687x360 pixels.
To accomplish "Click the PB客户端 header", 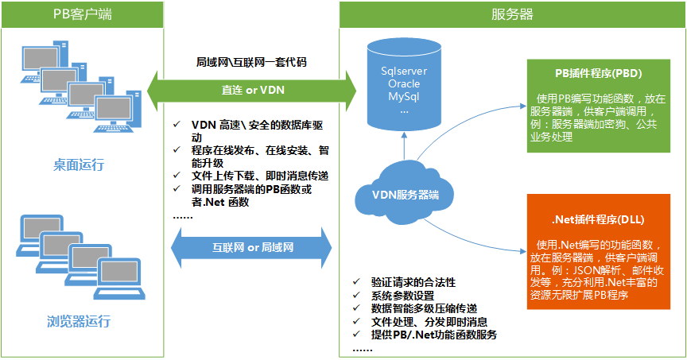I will click(83, 14).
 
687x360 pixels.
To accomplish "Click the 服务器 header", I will click(512, 14).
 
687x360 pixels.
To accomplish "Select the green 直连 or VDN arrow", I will click(253, 90).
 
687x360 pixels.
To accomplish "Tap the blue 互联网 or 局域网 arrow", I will click(254, 247).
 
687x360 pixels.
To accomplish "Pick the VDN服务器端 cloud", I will click(406, 194).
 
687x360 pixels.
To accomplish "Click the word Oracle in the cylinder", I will click(404, 83).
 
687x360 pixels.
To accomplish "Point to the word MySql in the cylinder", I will click(404, 96).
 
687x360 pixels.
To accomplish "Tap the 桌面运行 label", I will click(78, 165).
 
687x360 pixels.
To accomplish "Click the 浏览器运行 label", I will click(78, 322).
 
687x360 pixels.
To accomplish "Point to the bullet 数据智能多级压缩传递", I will click(424, 308).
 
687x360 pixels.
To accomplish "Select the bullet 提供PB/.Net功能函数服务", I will click(434, 335).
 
